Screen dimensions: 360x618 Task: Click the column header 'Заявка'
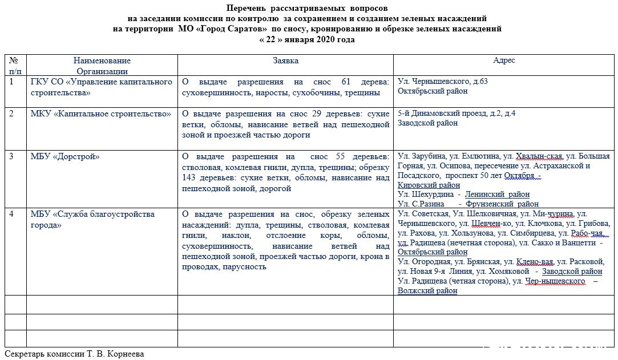click(285, 60)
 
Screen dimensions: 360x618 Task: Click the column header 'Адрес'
click(504, 60)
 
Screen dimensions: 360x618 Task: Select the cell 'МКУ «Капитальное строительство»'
click(100, 114)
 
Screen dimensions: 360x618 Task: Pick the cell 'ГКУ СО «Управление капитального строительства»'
click(100, 87)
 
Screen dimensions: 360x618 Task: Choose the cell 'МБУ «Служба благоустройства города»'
click(92, 219)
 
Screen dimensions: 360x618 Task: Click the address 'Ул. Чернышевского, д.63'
click(442, 82)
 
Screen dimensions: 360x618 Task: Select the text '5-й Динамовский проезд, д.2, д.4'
click(457, 114)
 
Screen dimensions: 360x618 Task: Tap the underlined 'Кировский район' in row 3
click(429, 185)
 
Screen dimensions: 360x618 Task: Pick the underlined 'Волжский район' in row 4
click(427, 290)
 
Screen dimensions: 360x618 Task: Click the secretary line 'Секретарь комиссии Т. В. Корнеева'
click(74, 354)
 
